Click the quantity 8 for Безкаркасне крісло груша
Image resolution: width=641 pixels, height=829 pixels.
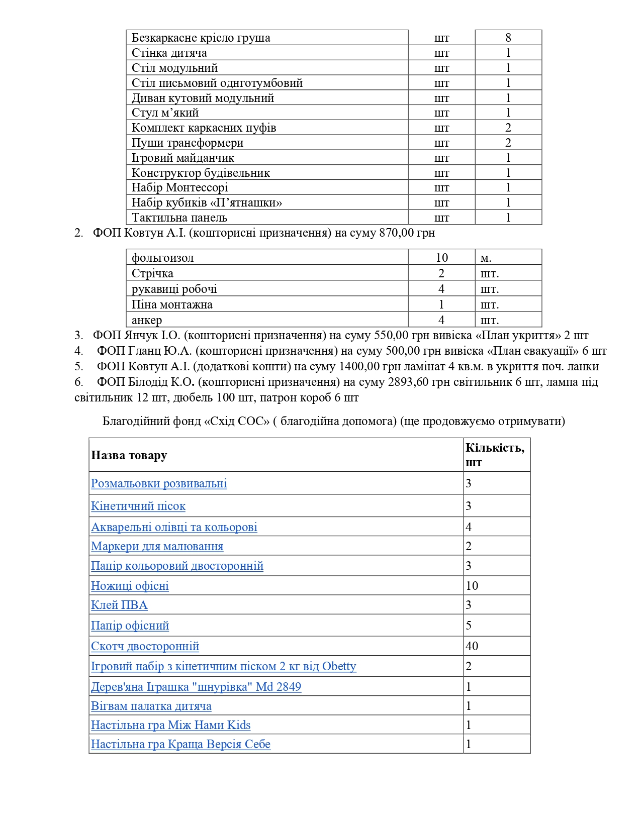point(508,38)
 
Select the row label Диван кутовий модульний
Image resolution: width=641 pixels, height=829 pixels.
point(203,98)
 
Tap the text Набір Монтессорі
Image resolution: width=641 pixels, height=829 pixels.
point(179,187)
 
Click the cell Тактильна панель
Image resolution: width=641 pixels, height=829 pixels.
point(179,218)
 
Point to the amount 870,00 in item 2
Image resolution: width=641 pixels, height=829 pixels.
point(399,233)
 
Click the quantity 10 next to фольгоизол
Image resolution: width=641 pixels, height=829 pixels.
point(441,258)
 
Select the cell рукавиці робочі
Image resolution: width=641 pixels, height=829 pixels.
point(174,289)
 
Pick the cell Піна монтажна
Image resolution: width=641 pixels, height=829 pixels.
point(172,304)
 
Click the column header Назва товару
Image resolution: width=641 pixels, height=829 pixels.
point(129,455)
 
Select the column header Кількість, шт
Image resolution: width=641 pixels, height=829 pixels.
point(495,455)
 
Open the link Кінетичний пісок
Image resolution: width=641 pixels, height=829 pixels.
point(138,506)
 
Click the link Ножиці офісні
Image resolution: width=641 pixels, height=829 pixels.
point(130,586)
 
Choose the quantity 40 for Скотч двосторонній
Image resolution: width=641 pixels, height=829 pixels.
point(472,646)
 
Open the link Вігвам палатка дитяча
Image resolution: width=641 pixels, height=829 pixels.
point(151,706)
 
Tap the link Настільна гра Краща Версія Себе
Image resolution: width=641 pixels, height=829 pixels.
point(180,744)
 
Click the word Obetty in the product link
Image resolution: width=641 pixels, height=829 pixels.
point(339,666)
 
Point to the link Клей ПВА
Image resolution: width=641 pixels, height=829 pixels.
point(119,605)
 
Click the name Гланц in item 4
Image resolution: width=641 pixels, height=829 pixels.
point(146,351)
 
